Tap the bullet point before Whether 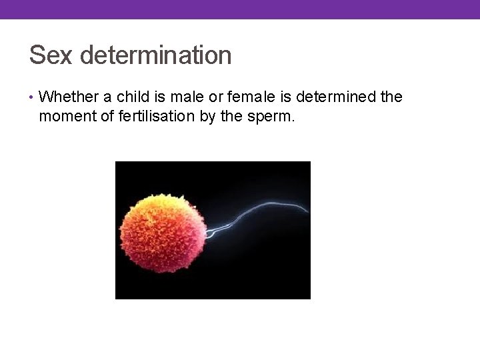pos(32,97)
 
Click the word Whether pos(66,97)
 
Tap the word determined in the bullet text pos(335,97)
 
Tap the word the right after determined pos(391,97)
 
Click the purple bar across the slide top pos(240,9)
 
